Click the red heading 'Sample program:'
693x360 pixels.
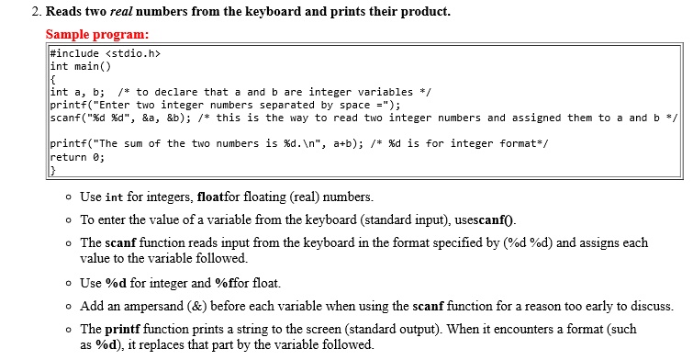[97, 35]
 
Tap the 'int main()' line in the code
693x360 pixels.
[80, 66]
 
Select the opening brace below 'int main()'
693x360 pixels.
[53, 79]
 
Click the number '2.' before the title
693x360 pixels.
[36, 13]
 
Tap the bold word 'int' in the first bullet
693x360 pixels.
[115, 197]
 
